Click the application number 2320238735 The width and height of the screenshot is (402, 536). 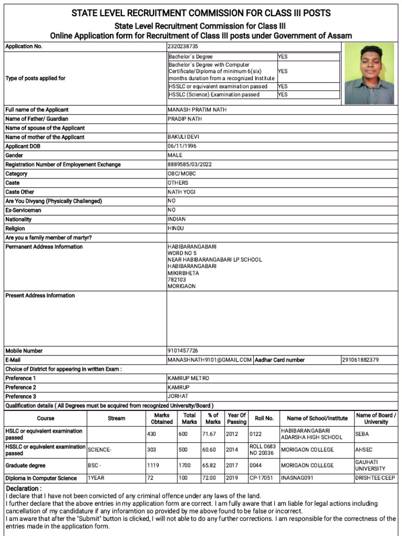(x=181, y=47)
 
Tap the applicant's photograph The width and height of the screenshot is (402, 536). (x=370, y=74)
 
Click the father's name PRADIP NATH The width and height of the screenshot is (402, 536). (x=185, y=119)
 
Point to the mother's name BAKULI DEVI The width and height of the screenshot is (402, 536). (x=183, y=137)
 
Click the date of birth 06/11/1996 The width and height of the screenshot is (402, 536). (x=182, y=146)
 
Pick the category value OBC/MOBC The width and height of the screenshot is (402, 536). (x=181, y=174)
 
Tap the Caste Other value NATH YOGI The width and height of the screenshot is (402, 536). (x=181, y=192)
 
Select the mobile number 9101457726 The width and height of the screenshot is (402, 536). (x=183, y=351)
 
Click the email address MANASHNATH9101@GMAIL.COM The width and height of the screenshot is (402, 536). (x=210, y=360)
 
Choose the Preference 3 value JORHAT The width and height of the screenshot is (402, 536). (x=178, y=396)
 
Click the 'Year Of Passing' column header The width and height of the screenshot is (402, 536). (x=237, y=419)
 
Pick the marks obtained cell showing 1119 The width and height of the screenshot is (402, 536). (x=154, y=465)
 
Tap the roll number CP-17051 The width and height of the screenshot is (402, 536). (x=261, y=478)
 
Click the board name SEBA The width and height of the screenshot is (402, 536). (x=362, y=434)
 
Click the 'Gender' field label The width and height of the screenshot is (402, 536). (x=14, y=155)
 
